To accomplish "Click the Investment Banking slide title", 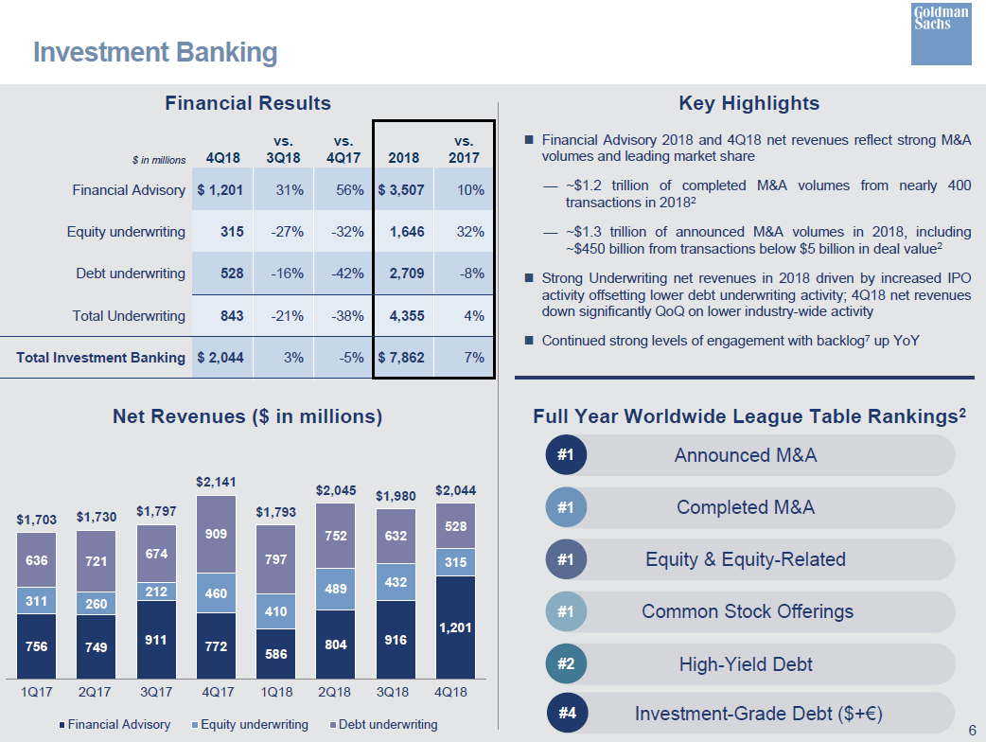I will (x=155, y=52).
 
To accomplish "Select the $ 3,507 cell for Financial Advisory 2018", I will (x=401, y=190).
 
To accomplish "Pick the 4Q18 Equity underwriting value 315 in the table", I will (x=231, y=232).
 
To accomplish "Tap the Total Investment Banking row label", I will (x=101, y=358).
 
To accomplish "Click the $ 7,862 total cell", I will (x=401, y=358).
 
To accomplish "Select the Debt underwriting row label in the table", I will (x=131, y=274).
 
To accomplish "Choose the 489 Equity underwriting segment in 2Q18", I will (x=335, y=589).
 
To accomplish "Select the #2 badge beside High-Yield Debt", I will (x=566, y=664).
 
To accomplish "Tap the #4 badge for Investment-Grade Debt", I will (x=566, y=713).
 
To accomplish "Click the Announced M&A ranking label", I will (x=745, y=455).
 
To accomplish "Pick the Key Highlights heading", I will (x=748, y=103).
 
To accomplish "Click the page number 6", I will (x=972, y=730).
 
